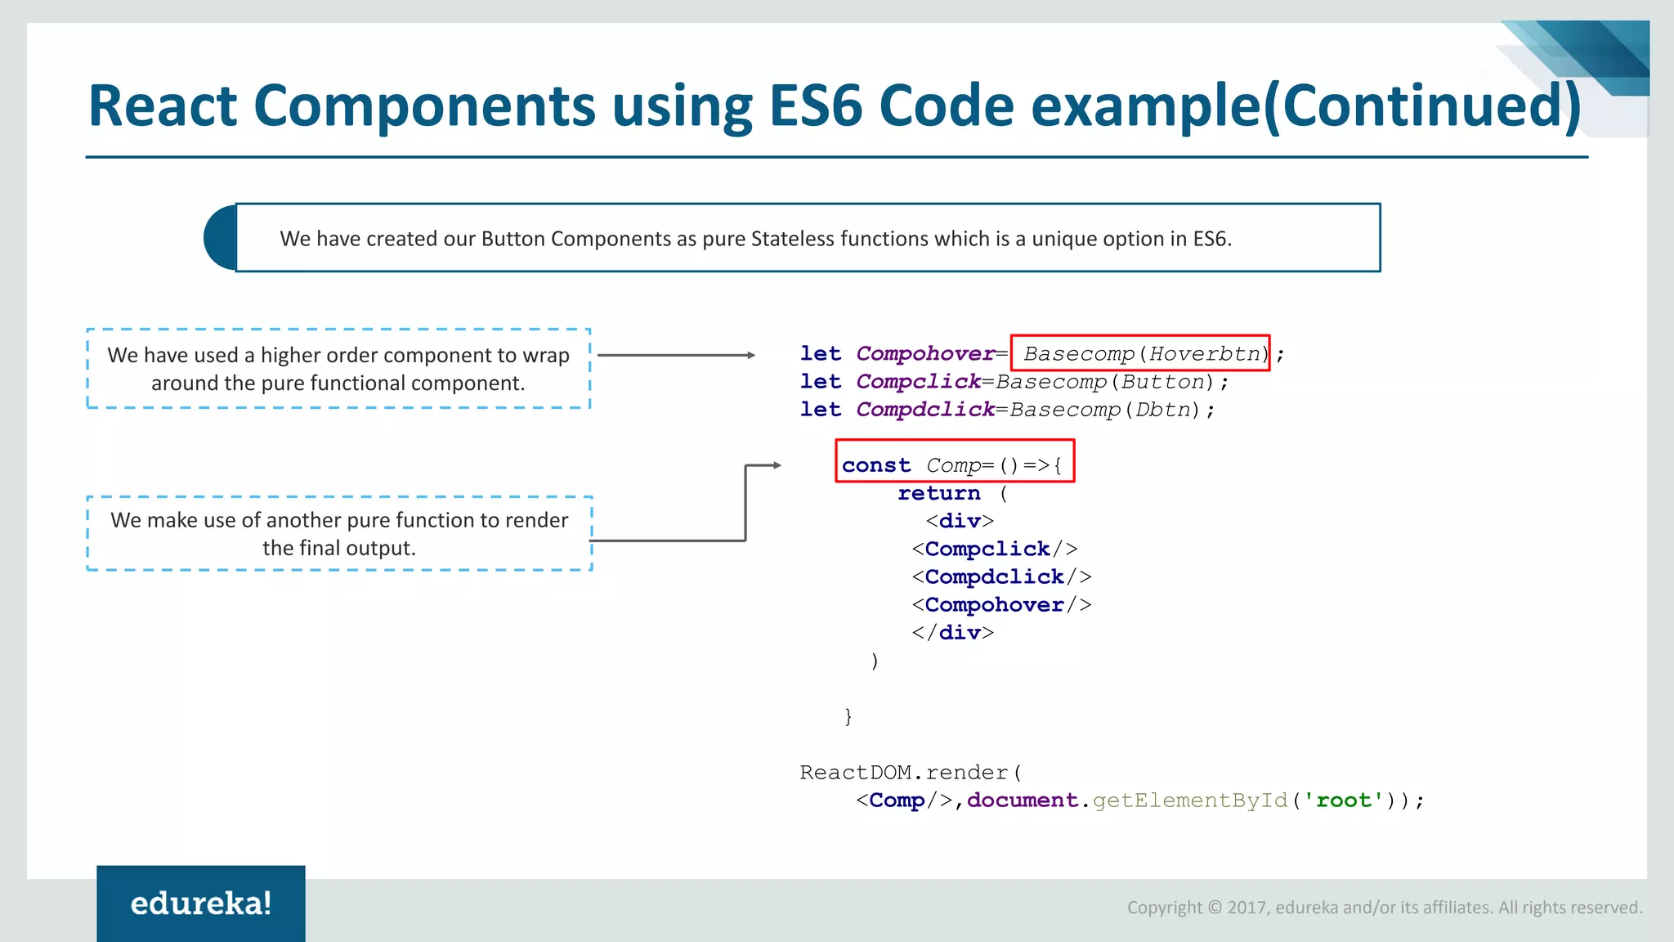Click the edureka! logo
tap(201, 904)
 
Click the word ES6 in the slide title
tap(815, 106)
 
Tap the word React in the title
tap(163, 106)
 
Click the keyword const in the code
tap(876, 465)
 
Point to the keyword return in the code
tap(938, 493)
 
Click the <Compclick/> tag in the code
tap(995, 549)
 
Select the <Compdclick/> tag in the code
tap(1001, 576)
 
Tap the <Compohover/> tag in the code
tap(1001, 604)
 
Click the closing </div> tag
tap(953, 632)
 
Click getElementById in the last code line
tap(1190, 800)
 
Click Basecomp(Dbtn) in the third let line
tap(1105, 409)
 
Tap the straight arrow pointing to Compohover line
tap(676, 355)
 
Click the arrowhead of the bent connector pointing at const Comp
tap(776, 465)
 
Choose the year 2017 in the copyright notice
tap(1247, 908)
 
